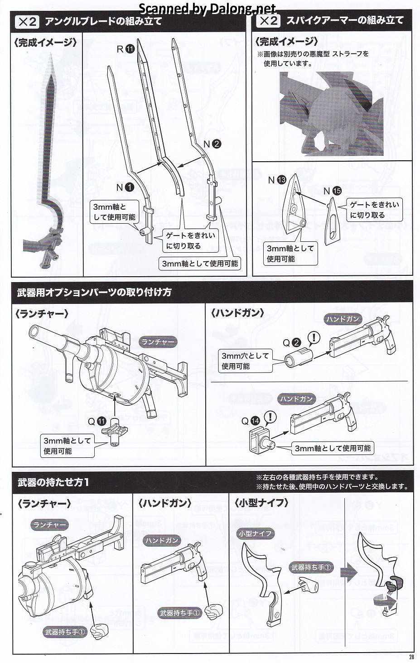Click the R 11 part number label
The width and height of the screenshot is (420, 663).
[126, 49]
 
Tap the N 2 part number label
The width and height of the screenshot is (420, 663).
[212, 144]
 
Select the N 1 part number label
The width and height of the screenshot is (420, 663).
[125, 187]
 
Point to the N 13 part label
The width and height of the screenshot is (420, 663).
[277, 180]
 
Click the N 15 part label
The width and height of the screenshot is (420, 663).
[332, 191]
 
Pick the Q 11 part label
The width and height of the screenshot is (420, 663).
[97, 421]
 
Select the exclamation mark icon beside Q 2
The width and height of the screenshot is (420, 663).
[314, 338]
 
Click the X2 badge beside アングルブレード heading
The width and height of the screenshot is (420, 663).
[27, 21]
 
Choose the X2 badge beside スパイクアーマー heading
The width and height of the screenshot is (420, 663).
[268, 21]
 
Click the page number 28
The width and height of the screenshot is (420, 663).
[411, 657]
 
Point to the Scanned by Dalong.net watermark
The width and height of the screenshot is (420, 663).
[207, 8]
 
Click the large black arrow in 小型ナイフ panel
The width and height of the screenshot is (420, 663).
[349, 573]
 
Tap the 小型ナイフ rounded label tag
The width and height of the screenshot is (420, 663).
[255, 533]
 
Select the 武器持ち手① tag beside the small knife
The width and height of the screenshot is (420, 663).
[312, 567]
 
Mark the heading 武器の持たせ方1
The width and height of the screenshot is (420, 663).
[53, 482]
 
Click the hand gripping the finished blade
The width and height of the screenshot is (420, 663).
[50, 238]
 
